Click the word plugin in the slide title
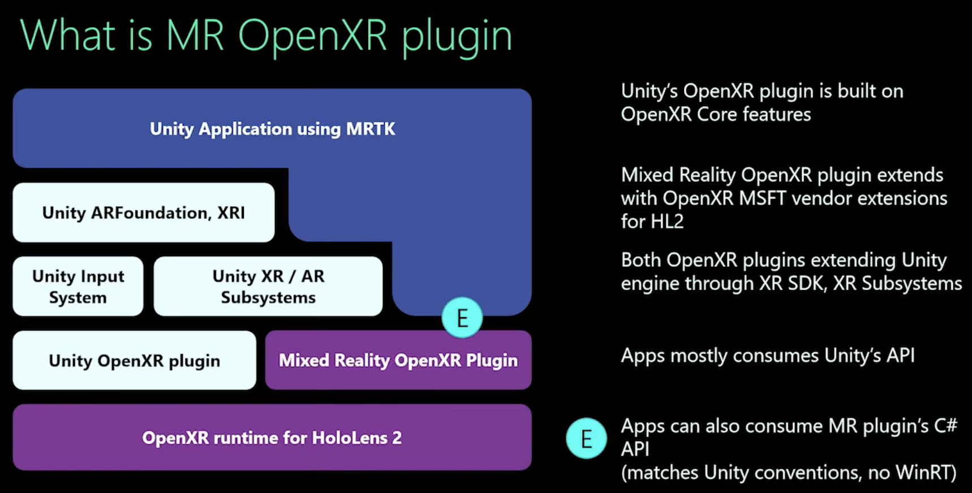(x=457, y=37)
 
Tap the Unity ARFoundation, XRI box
(x=144, y=213)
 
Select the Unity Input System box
(x=78, y=287)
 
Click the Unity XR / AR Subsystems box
(x=268, y=287)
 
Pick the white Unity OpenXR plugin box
(x=135, y=360)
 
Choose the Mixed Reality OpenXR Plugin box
(x=398, y=360)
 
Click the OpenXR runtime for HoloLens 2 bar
(x=272, y=437)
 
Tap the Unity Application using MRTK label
(x=272, y=129)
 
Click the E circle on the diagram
(x=462, y=318)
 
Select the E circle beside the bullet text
(x=587, y=438)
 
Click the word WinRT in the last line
(x=926, y=472)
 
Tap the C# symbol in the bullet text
(x=945, y=426)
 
